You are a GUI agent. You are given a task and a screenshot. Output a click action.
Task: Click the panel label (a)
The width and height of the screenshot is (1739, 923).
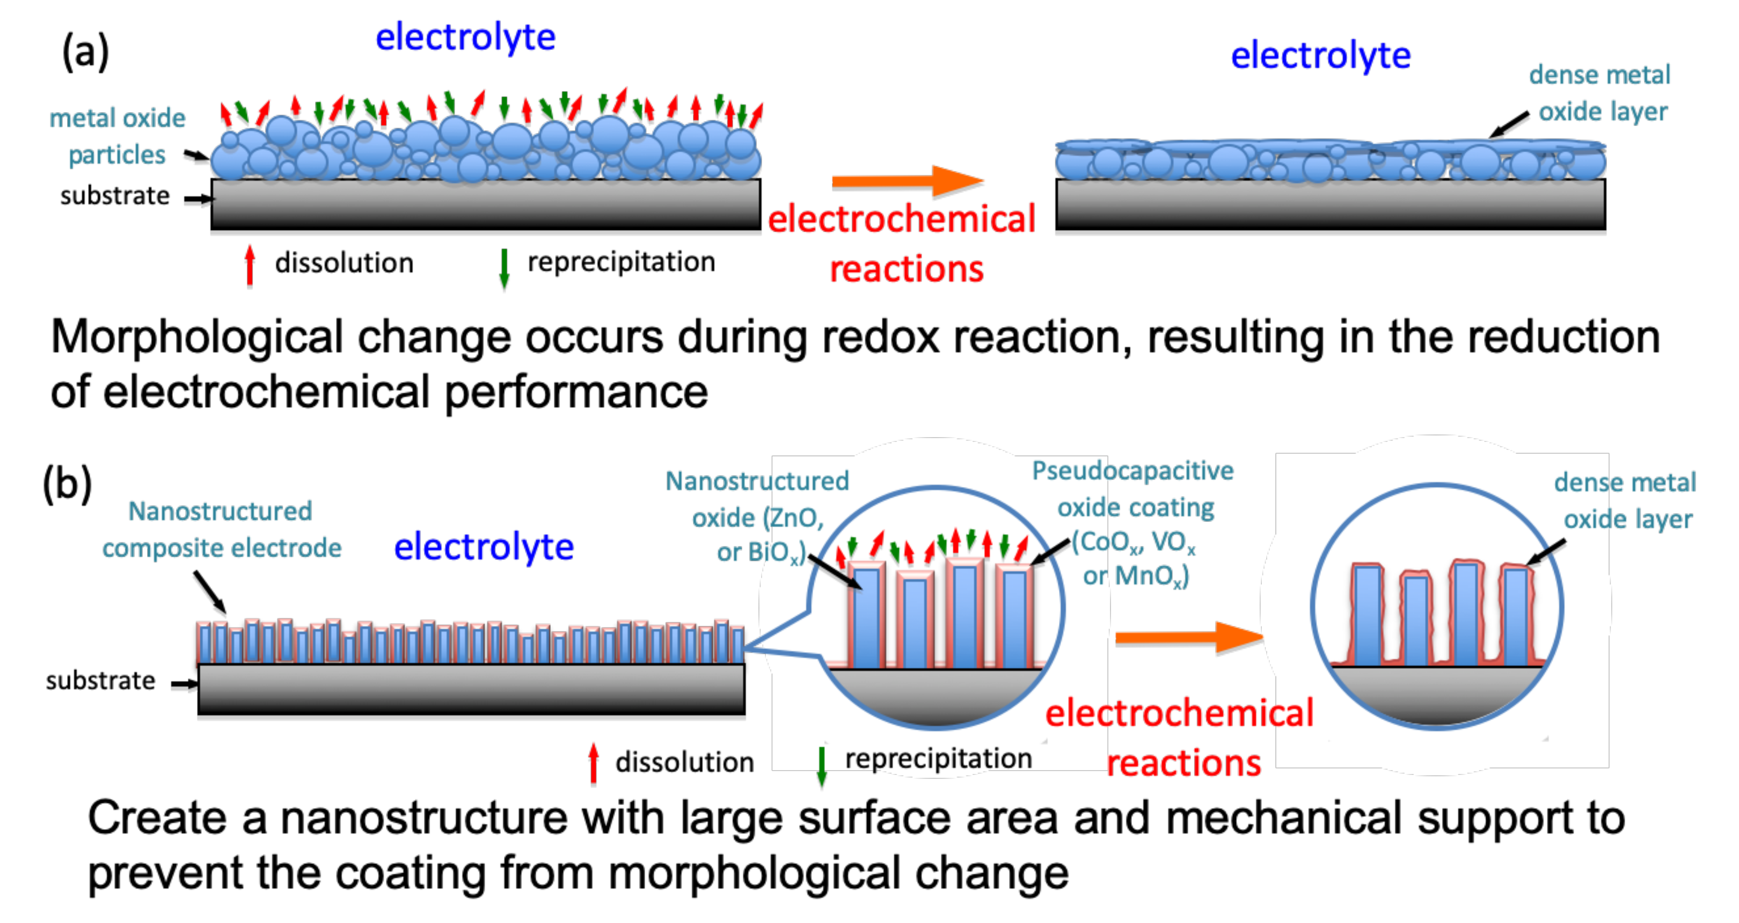click(86, 53)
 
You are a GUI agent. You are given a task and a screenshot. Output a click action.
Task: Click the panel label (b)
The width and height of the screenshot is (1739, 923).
click(67, 484)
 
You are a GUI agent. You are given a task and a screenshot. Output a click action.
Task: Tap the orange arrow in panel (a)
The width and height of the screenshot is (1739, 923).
click(907, 181)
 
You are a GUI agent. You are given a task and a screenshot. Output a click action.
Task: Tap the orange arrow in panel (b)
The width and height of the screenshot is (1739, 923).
click(1189, 637)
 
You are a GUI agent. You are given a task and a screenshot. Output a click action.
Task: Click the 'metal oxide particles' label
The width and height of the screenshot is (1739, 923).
click(118, 136)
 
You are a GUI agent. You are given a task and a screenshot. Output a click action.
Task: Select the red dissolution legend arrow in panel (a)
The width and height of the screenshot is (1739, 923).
click(250, 265)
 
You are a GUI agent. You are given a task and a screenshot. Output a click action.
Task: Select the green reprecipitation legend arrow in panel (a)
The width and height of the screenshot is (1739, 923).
click(503, 268)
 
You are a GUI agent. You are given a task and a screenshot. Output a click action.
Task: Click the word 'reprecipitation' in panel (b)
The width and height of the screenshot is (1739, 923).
click(938, 759)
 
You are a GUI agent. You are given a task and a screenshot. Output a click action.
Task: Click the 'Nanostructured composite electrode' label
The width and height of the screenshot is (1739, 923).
click(222, 530)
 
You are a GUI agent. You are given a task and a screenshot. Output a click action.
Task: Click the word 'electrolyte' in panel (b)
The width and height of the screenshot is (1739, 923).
click(484, 547)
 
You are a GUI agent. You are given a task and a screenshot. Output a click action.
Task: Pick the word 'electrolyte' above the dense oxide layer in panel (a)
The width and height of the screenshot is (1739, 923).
click(1320, 55)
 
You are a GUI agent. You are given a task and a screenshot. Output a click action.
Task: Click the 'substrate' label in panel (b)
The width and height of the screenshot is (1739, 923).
click(100, 681)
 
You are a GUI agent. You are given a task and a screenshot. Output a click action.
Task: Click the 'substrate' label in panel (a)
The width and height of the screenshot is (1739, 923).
click(115, 196)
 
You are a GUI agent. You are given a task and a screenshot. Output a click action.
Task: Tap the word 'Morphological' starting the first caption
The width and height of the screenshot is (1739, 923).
click(197, 337)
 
